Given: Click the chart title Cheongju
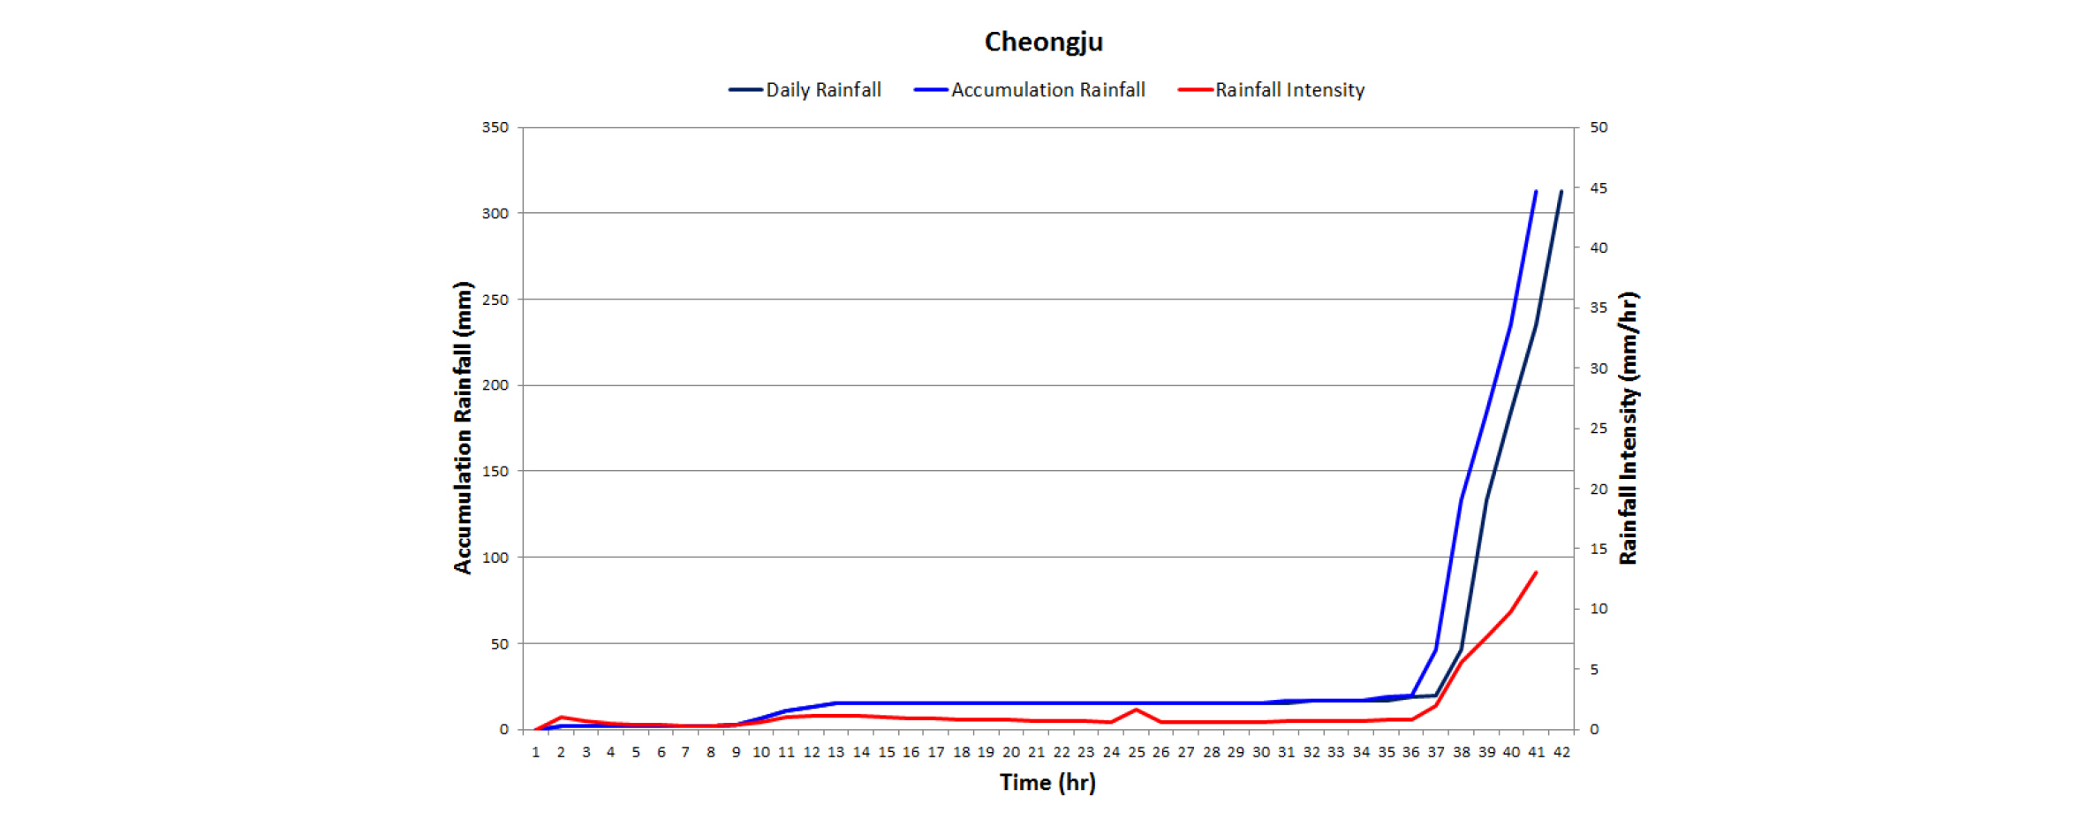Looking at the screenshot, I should pyautogui.click(x=1043, y=42).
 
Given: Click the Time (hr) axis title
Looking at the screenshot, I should pyautogui.click(x=1047, y=782).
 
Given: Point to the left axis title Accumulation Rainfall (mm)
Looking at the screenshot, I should pyautogui.click(x=463, y=428).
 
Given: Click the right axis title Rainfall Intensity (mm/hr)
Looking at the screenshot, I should pyautogui.click(x=1628, y=428).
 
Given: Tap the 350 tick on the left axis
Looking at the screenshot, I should pyautogui.click(x=495, y=127).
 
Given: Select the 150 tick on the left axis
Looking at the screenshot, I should pyautogui.click(x=495, y=471).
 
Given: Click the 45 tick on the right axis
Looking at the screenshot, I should pyautogui.click(x=1599, y=188).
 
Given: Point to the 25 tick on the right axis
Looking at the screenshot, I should pyautogui.click(x=1599, y=429).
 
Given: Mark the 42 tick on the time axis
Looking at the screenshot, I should pyautogui.click(x=1561, y=752).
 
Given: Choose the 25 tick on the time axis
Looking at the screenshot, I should pyautogui.click(x=1136, y=752).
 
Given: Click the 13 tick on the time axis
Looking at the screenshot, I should pyautogui.click(x=835, y=752).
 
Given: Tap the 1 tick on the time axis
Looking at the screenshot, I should pyautogui.click(x=535, y=752).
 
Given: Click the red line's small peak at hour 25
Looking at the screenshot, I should pyautogui.click(x=1136, y=710).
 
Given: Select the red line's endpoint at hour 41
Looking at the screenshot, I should pyautogui.click(x=1537, y=573).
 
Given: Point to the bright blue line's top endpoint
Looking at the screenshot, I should pyautogui.click(x=1536, y=191).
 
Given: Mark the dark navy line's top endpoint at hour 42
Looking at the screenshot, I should pyautogui.click(x=1561, y=191).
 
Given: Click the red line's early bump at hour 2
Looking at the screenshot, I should pyautogui.click(x=561, y=717).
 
